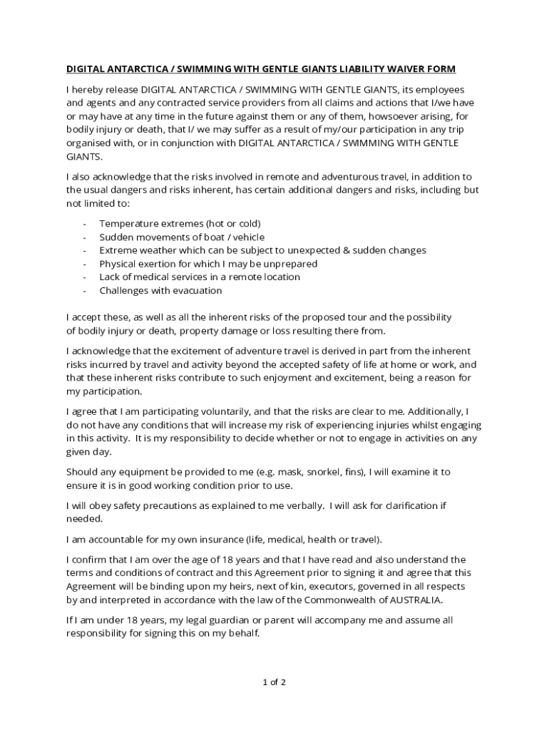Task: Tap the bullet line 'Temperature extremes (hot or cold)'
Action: tap(180, 224)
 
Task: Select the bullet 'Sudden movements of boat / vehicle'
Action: tap(182, 237)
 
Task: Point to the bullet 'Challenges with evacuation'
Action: tap(160, 291)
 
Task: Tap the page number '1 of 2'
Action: tap(274, 682)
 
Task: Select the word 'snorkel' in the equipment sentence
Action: tap(331, 473)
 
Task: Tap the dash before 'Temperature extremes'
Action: tap(85, 224)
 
